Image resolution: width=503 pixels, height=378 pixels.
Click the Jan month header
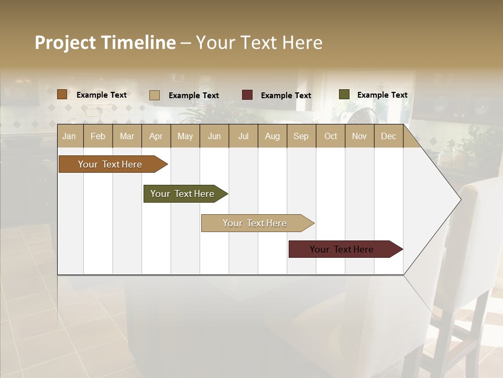(69, 136)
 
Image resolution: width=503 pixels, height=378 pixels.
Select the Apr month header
(156, 136)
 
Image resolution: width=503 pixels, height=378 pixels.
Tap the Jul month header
(243, 136)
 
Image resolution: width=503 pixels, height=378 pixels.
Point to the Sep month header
(301, 136)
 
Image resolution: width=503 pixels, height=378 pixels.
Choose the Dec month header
(388, 136)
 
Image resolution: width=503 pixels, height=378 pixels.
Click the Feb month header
(98, 136)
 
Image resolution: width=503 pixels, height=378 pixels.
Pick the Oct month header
(331, 136)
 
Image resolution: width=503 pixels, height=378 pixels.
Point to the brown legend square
(62, 94)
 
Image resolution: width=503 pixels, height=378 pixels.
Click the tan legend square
(155, 95)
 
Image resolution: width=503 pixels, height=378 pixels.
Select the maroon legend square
(247, 95)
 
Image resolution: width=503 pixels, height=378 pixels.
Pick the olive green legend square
(344, 94)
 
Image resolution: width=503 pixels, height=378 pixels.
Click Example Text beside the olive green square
(382, 95)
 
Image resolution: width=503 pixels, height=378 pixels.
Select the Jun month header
(214, 136)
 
